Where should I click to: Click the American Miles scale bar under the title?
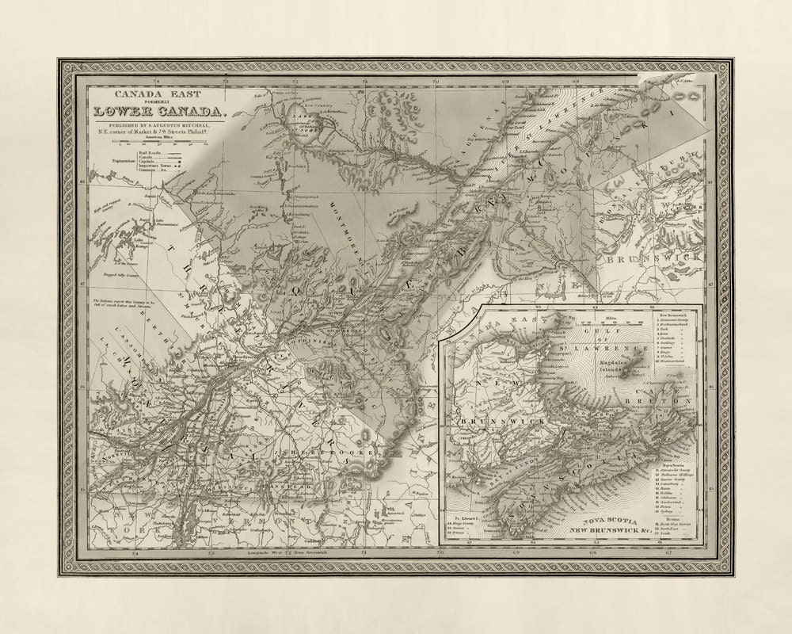(158, 143)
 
